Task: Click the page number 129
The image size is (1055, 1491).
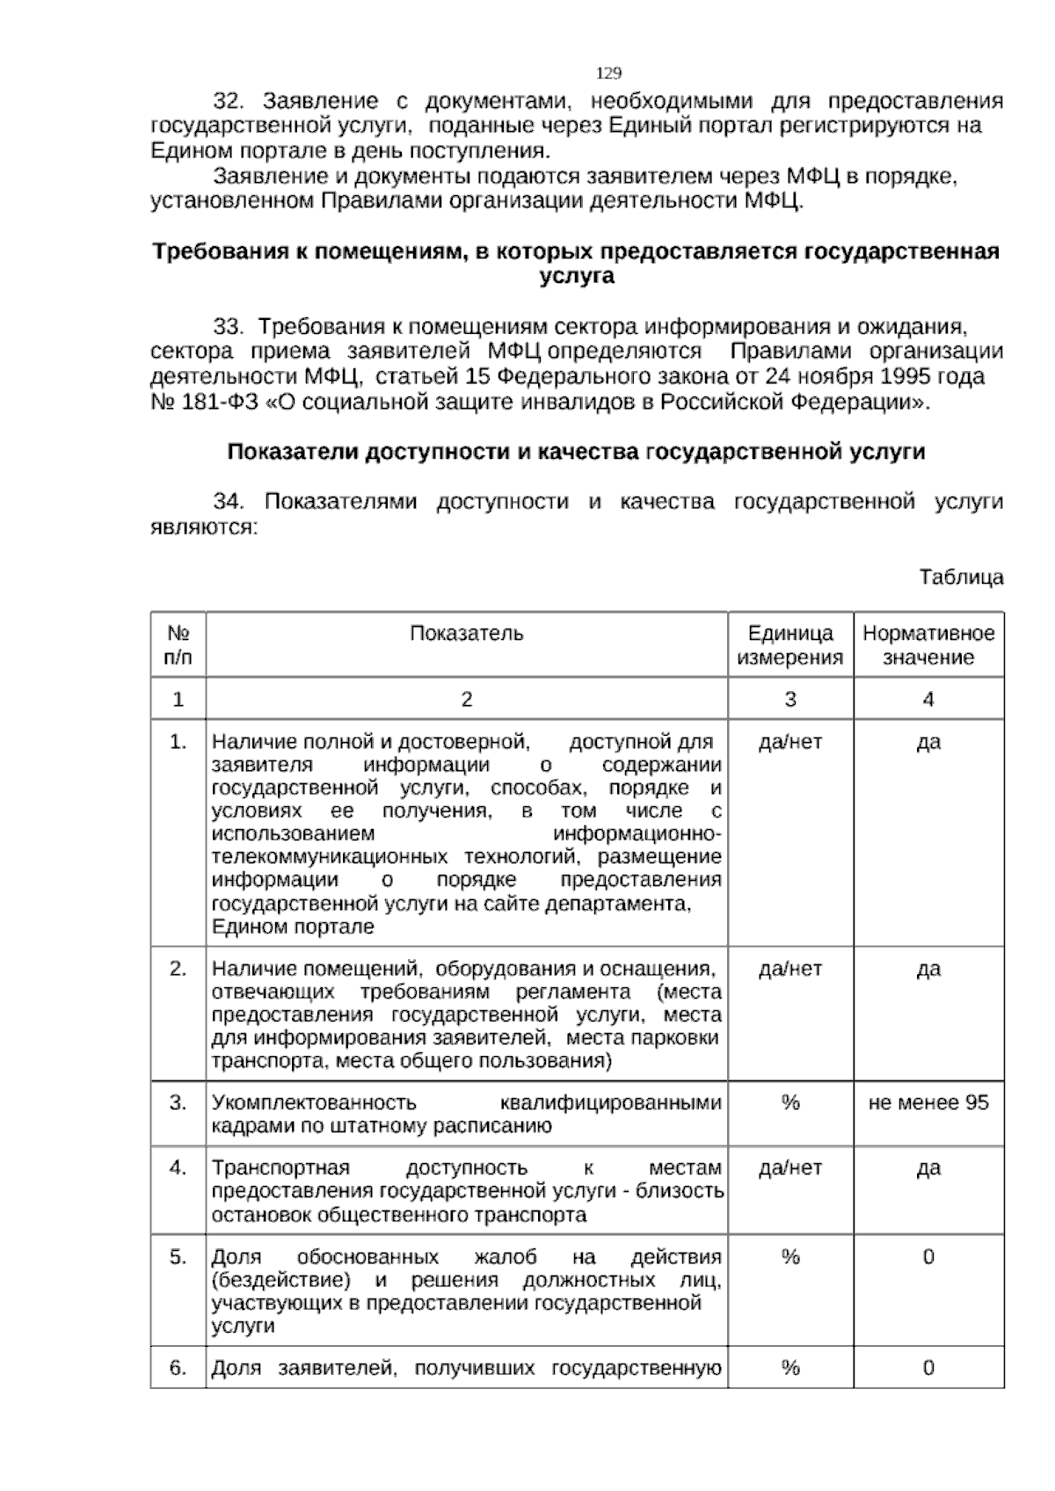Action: (608, 73)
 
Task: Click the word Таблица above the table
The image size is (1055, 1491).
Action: (961, 578)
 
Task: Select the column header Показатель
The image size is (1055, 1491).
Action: (466, 634)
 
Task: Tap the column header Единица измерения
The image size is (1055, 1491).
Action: (789, 645)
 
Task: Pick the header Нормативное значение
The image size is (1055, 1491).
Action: (928, 645)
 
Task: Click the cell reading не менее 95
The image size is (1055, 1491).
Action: (928, 1102)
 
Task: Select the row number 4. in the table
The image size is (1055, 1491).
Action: (178, 1167)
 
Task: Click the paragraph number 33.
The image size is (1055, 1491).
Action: (229, 327)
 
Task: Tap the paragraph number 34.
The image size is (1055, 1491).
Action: (229, 502)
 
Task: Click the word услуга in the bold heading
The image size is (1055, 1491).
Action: (576, 277)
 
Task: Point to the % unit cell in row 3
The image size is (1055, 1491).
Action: (789, 1102)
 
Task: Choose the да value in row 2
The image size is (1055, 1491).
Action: (928, 969)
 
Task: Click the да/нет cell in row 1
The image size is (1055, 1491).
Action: (789, 742)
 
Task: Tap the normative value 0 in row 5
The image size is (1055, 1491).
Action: (928, 1257)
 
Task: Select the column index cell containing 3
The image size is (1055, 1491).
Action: (789, 700)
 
